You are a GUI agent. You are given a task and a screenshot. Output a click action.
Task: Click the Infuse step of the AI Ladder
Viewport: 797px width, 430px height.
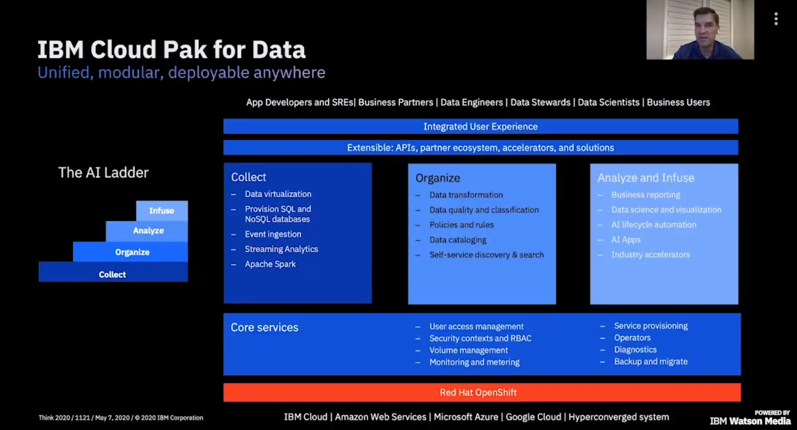pyautogui.click(x=162, y=211)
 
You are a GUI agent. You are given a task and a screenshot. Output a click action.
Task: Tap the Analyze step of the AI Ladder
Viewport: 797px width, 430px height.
pyautogui.click(x=147, y=230)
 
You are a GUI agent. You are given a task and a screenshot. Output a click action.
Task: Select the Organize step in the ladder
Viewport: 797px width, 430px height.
pyautogui.click(x=132, y=252)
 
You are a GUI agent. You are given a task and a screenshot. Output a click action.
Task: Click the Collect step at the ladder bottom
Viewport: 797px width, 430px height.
pyautogui.click(x=113, y=274)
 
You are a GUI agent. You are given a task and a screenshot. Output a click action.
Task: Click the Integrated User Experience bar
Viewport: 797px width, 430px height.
pyautogui.click(x=480, y=127)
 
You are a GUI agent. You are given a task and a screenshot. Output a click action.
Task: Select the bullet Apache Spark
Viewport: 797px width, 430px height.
pyautogui.click(x=270, y=264)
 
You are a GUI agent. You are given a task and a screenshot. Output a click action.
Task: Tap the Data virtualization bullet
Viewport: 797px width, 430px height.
pyautogui.click(x=277, y=194)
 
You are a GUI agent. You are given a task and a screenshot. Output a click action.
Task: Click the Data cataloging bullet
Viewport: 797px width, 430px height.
pyautogui.click(x=457, y=240)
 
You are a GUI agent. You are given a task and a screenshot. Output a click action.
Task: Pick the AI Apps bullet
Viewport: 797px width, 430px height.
pyautogui.click(x=626, y=240)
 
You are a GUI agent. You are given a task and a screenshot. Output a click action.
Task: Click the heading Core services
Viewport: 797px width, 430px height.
pyautogui.click(x=264, y=328)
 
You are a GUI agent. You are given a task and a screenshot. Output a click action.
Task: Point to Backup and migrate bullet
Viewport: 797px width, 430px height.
pyautogui.click(x=650, y=362)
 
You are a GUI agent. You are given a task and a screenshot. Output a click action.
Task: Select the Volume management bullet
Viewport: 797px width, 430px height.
pyautogui.click(x=468, y=350)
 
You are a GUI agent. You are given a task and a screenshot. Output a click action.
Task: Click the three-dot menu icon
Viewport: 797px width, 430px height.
pyautogui.click(x=776, y=19)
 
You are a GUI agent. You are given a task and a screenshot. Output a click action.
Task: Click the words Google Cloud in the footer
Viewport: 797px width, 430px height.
pyautogui.click(x=533, y=417)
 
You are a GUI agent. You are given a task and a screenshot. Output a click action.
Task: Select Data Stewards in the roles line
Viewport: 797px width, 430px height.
pyautogui.click(x=540, y=102)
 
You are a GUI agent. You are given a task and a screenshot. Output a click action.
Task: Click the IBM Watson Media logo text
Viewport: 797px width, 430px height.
pyautogui.click(x=750, y=421)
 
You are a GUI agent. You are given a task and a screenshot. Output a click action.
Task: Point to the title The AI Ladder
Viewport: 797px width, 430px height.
pyautogui.click(x=103, y=173)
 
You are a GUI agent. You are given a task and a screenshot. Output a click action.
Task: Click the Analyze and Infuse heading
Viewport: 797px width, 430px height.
pyautogui.click(x=646, y=178)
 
